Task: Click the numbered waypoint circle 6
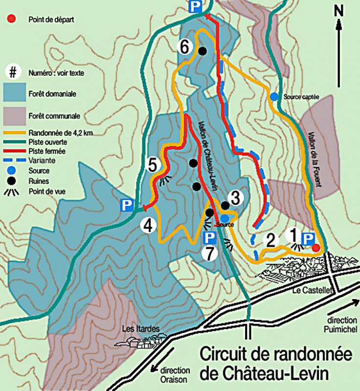coord(184,47)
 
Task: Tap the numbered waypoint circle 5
coord(153,165)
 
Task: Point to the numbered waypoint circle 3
coord(235,198)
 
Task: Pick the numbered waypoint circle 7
coord(208,253)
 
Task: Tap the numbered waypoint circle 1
coord(293,235)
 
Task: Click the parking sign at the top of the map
coord(195,6)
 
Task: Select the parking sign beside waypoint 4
coord(128,206)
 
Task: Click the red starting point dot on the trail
coord(316,247)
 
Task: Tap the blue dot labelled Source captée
coord(274,97)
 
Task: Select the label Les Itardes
coord(140,328)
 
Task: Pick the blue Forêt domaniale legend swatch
coord(14,92)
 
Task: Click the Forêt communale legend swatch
coord(14,116)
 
